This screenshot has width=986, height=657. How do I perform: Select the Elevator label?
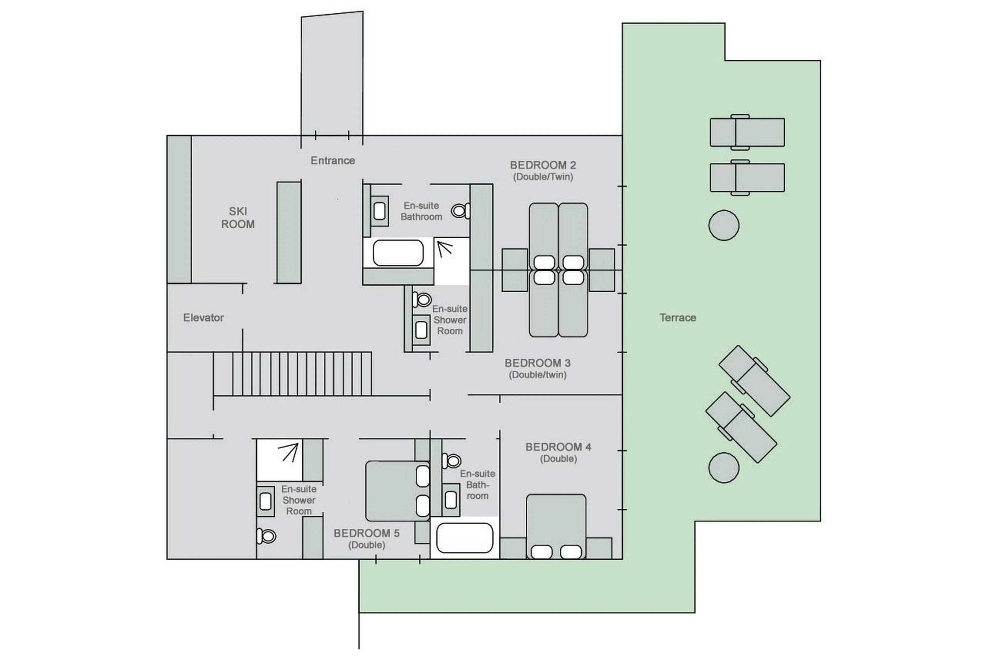tap(203, 318)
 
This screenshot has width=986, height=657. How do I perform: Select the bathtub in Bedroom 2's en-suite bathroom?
tap(398, 253)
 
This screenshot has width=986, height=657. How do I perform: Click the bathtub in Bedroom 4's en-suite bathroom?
tap(464, 538)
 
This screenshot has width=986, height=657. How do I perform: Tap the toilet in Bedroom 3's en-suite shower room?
tap(422, 300)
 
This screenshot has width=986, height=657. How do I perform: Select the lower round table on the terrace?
tap(723, 468)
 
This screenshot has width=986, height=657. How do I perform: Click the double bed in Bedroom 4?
tap(556, 526)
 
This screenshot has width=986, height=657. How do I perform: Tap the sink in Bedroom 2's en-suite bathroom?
tap(379, 211)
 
